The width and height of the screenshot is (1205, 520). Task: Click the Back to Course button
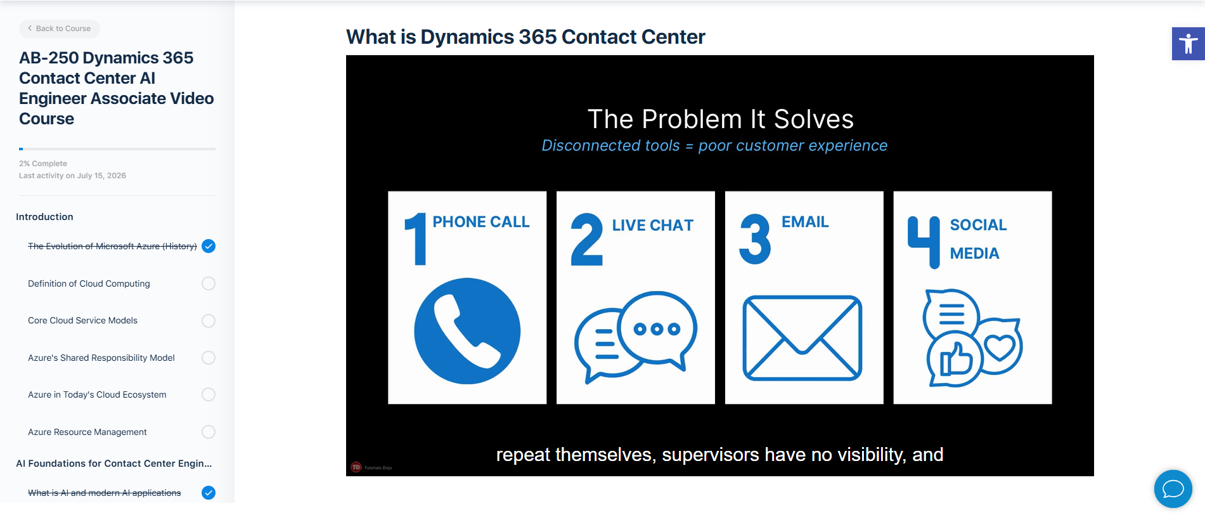[x=60, y=29]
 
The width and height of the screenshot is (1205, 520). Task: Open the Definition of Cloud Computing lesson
[x=89, y=283]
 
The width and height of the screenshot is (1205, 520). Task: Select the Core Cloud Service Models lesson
[x=82, y=320]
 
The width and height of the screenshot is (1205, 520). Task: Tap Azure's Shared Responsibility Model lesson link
[x=101, y=358]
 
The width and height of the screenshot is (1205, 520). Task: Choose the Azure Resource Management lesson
[x=87, y=432]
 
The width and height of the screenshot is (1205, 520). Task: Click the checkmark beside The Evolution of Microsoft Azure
[x=209, y=246]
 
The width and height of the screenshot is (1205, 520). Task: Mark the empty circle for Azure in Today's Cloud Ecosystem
[x=209, y=394]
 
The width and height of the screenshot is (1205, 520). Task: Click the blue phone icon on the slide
[x=467, y=331]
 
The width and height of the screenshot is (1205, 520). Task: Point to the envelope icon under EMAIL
[x=802, y=338]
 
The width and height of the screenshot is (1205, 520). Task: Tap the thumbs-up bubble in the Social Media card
[x=955, y=359]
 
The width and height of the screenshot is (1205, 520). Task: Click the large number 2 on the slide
[x=586, y=239]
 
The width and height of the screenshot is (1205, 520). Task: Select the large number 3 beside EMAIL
[x=755, y=239]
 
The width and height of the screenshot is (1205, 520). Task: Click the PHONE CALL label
[x=481, y=222]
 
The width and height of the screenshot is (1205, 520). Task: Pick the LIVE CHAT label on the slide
[x=653, y=225]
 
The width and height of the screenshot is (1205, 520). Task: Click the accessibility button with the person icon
[x=1189, y=44]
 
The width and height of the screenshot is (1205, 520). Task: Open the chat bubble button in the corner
[x=1173, y=489]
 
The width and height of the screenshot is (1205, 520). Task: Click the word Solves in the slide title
[x=814, y=119]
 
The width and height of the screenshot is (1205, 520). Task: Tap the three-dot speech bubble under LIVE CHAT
[x=657, y=329]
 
